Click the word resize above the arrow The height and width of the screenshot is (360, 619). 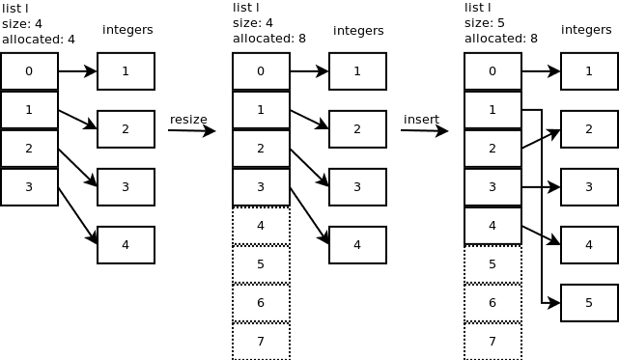coord(188,120)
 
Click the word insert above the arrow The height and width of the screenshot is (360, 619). coord(421,120)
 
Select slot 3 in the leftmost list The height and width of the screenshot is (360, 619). coord(29,187)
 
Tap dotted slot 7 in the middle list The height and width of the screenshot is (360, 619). coord(261,342)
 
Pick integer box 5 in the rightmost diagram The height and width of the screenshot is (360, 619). coord(589,303)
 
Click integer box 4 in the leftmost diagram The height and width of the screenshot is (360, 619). coord(126,245)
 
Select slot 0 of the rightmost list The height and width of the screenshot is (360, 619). coord(492,71)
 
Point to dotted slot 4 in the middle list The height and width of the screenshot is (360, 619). coord(261,226)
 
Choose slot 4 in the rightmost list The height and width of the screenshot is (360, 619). coord(492,226)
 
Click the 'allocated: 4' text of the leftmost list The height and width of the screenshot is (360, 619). coord(38,40)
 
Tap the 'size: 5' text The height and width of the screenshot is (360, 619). coord(485,23)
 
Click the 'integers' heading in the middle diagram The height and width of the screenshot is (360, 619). coord(358,31)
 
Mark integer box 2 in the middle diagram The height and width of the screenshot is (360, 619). coord(357,129)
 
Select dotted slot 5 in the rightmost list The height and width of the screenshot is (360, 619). coord(492,264)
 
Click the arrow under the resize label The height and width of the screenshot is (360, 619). coord(191,130)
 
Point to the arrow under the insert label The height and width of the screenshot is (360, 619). coord(424,130)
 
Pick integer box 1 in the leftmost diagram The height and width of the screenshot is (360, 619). coord(126,71)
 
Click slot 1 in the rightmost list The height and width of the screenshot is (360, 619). coord(492,110)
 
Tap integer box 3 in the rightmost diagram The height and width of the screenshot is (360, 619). coord(589,187)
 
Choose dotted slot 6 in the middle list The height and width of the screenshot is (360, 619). coord(261,303)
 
